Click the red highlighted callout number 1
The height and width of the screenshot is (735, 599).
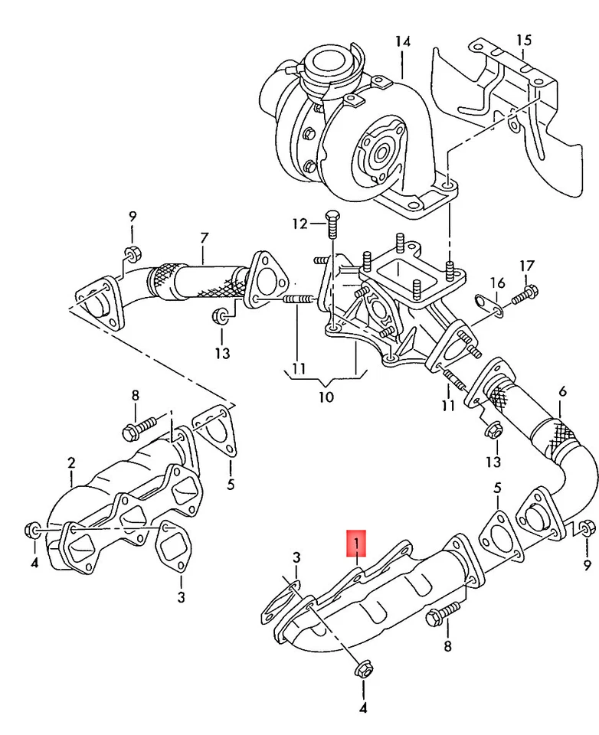[x=357, y=545]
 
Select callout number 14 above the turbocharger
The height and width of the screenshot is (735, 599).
[x=403, y=41]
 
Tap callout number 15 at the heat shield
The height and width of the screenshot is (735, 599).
[x=523, y=39]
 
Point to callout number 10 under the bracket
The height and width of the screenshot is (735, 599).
[x=326, y=397]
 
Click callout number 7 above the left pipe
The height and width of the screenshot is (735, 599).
[x=205, y=238]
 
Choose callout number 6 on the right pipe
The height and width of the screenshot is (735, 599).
[x=562, y=392]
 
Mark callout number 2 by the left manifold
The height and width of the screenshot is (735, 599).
[x=71, y=462]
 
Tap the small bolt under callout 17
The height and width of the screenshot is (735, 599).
[x=525, y=292]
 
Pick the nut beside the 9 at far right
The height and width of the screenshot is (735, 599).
[x=586, y=528]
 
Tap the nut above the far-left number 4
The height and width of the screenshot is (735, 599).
[x=34, y=528]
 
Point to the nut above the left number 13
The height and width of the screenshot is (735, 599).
[x=221, y=315]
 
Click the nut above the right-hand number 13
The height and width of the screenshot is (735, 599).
[x=493, y=431]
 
